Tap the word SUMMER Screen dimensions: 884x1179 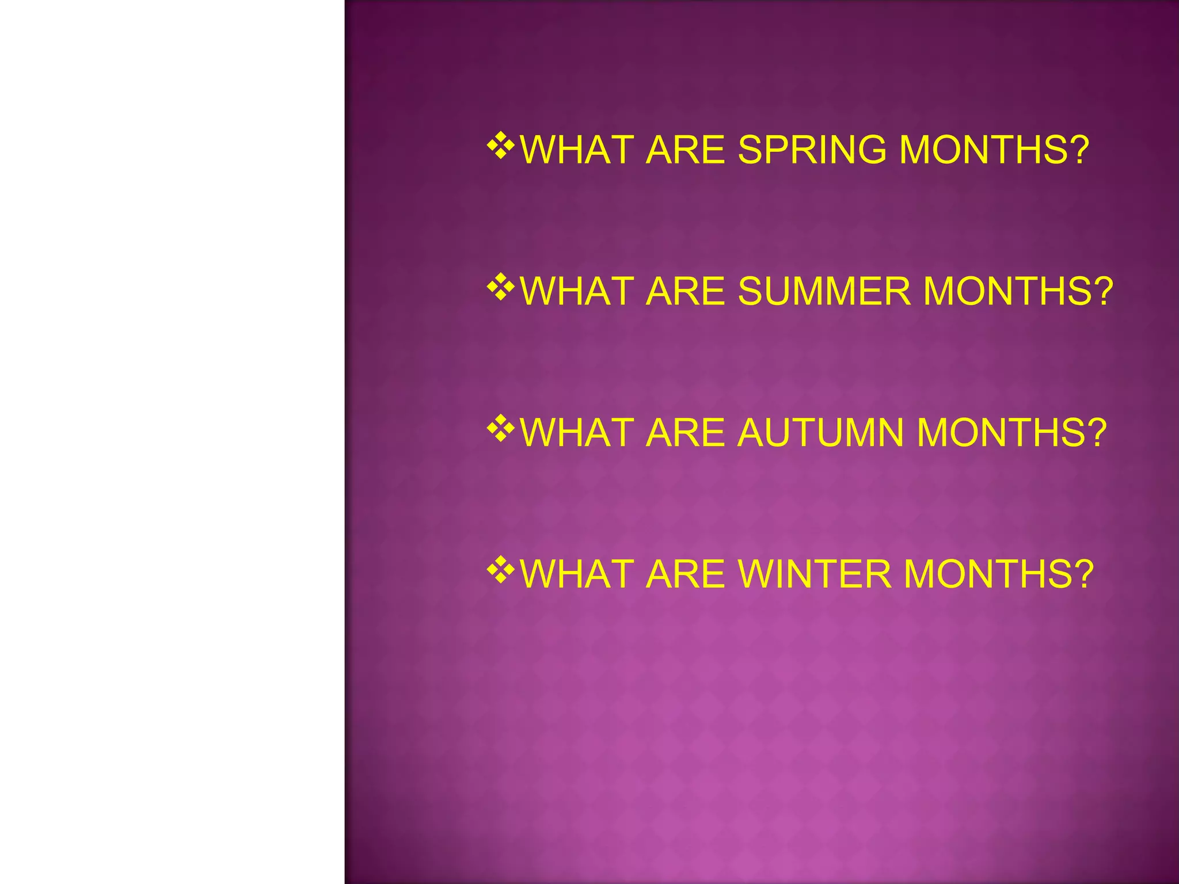(x=824, y=291)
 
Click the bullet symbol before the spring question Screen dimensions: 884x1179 (x=501, y=146)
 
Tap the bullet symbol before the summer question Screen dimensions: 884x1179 (x=501, y=287)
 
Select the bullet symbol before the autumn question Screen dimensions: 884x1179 (x=501, y=429)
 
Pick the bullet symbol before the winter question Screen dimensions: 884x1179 (x=501, y=570)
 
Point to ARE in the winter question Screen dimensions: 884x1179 (x=685, y=574)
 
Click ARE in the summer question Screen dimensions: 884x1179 (x=685, y=291)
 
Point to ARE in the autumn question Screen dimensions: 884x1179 (x=685, y=433)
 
